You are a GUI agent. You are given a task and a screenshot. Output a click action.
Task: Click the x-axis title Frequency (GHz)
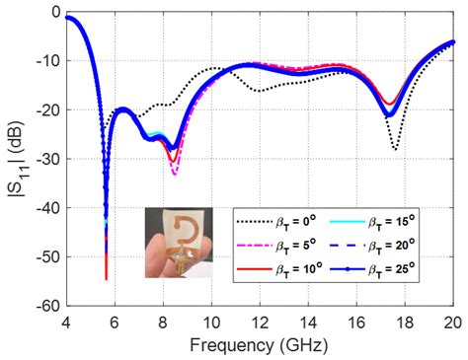point(260,348)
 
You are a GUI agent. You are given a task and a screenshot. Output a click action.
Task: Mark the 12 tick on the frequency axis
point(260,321)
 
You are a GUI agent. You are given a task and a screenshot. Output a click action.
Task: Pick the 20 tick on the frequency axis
point(453,321)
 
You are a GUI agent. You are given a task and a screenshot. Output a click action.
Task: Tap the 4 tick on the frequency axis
point(66,321)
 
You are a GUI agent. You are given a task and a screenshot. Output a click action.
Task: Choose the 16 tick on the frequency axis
point(356,321)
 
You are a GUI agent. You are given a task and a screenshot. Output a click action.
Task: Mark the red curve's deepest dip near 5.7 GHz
point(106,278)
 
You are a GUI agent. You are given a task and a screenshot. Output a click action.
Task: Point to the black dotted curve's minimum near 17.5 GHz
point(395,150)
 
